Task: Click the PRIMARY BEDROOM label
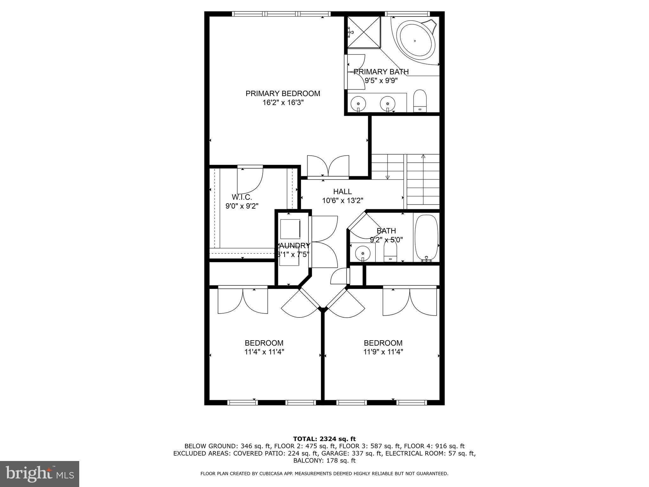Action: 283,94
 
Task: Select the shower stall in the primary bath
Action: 364,32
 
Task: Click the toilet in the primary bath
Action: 420,101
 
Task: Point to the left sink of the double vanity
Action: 358,103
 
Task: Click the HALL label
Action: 342,192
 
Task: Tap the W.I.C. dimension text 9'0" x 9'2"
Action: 242,206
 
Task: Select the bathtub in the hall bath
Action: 427,237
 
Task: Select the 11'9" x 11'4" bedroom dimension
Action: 383,352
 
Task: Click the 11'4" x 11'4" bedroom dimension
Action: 264,352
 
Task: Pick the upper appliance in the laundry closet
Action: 290,229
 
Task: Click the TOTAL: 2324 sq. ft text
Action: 324,439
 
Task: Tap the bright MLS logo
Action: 40,474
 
